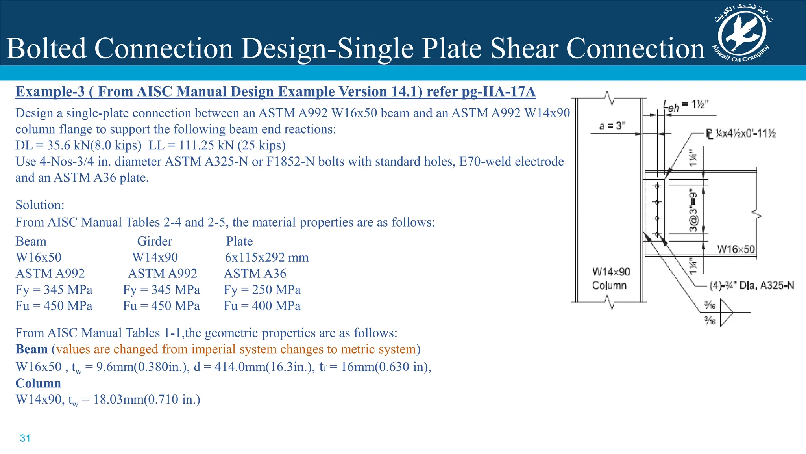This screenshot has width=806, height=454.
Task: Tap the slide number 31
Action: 25,438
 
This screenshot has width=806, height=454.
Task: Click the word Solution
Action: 39,205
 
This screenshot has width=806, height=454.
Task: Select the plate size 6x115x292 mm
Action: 266,257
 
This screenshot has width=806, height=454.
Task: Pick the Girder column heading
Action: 155,241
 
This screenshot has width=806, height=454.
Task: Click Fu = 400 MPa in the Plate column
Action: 262,306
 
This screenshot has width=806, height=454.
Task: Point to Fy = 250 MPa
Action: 262,290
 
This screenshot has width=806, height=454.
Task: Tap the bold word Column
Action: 38,383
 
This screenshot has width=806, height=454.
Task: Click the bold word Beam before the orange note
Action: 31,349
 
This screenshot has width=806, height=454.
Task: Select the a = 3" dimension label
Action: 612,126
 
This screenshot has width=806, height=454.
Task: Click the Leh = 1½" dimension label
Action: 686,105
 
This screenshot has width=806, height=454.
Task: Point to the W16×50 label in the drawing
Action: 736,249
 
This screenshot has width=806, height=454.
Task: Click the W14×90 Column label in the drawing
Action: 611,278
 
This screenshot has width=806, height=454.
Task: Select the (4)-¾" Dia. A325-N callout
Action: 751,285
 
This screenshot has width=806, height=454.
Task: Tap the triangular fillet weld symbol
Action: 726,313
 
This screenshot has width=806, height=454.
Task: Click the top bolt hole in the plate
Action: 657,186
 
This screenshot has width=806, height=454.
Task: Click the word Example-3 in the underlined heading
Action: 50,91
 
